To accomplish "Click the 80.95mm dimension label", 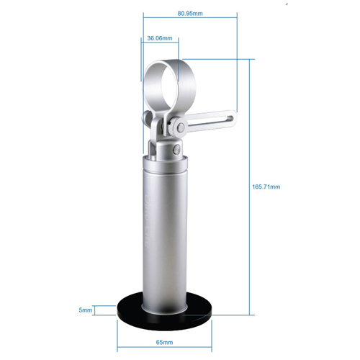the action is [x=190, y=14].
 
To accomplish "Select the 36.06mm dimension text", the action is [x=160, y=38].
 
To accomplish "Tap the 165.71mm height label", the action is [x=266, y=186].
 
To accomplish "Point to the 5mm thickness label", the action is [x=86, y=310].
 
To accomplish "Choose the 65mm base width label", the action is [x=164, y=342].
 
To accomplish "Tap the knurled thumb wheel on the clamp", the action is [x=172, y=126].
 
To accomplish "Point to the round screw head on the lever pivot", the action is [x=181, y=127].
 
